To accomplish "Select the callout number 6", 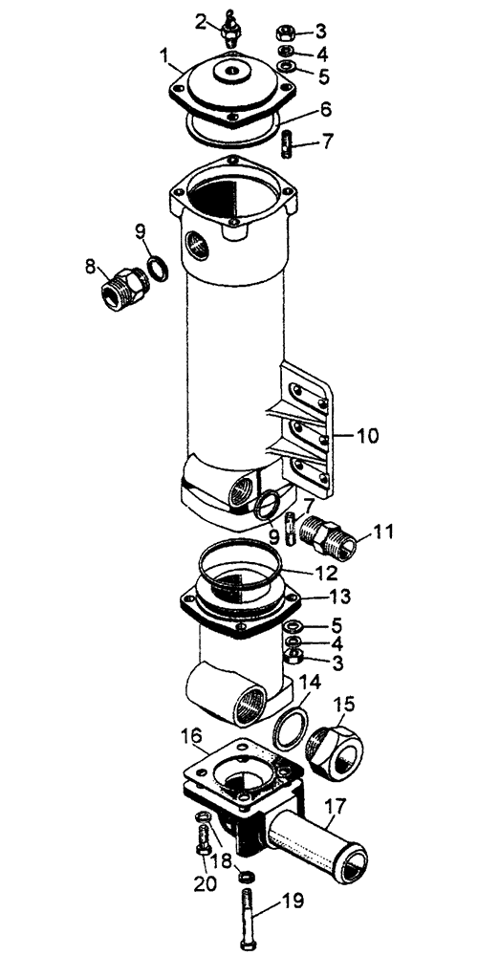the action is pos(326,110).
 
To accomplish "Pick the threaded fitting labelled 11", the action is pos(330,537).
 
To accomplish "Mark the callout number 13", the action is pos(339,597).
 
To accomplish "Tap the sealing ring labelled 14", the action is pos(289,729).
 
